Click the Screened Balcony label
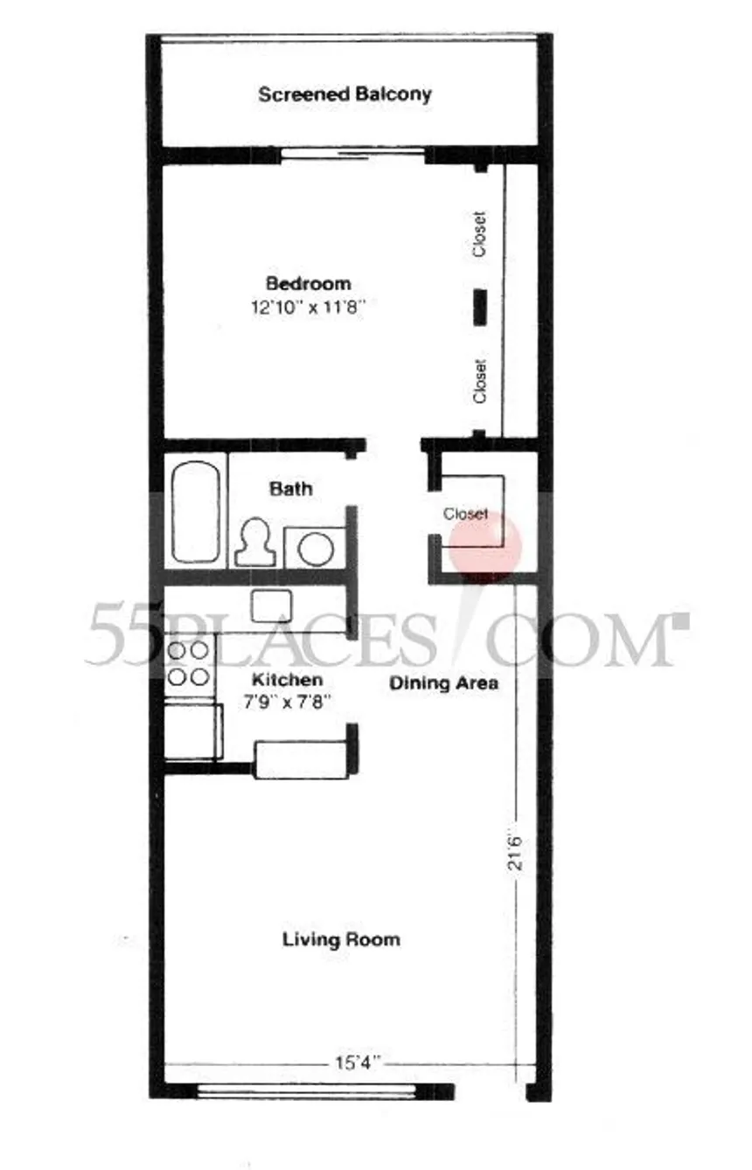[x=345, y=94]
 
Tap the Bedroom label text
[x=309, y=284]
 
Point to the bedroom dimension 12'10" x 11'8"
[x=307, y=307]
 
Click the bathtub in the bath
[x=196, y=511]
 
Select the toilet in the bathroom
[x=255, y=542]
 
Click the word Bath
[x=291, y=489]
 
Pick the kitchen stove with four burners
[x=189, y=663]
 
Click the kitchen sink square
[x=271, y=606]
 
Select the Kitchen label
[x=287, y=680]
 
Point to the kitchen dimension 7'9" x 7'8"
[x=287, y=702]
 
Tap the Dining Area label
[x=443, y=683]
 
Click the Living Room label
[x=341, y=939]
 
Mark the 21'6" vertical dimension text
[x=515, y=853]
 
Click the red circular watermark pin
[x=486, y=546]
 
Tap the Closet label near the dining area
[x=465, y=514]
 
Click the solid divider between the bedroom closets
[x=480, y=307]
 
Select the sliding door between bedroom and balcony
[x=352, y=154]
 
